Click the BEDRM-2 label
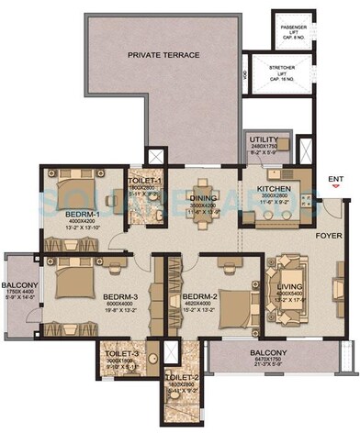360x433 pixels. tap(199, 297)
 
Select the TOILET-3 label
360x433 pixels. tap(119, 353)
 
